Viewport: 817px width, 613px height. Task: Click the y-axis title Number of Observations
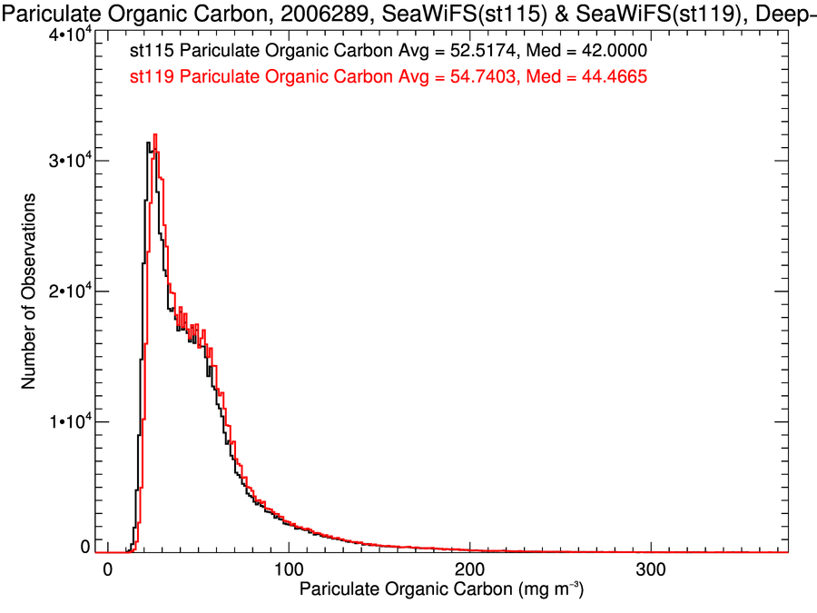tap(28, 291)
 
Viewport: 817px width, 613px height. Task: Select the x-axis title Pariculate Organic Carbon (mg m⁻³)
tap(440, 590)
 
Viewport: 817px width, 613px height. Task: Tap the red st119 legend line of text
tap(388, 77)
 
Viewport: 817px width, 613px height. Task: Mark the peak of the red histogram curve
tap(155, 134)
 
